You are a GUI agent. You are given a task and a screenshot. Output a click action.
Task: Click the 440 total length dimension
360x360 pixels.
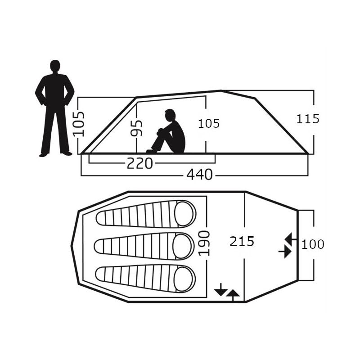tap(199, 175)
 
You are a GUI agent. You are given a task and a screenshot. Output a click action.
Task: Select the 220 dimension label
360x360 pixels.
tap(140, 163)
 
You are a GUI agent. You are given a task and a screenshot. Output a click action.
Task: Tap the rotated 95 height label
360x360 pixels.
tap(136, 128)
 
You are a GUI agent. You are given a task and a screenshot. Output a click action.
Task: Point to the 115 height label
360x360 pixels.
tap(308, 119)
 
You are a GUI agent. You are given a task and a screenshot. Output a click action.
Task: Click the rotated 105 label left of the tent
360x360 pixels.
tap(79, 124)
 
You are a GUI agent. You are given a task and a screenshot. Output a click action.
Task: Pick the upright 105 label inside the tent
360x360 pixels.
tap(209, 123)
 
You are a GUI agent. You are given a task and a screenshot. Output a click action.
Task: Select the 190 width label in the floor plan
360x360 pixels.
tap(204, 243)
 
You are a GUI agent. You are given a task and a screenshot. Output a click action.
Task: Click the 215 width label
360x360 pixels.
tap(242, 242)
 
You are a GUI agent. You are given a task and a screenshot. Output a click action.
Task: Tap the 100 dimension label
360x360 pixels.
tap(313, 244)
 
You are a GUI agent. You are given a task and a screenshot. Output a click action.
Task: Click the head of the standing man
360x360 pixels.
tap(55, 66)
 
